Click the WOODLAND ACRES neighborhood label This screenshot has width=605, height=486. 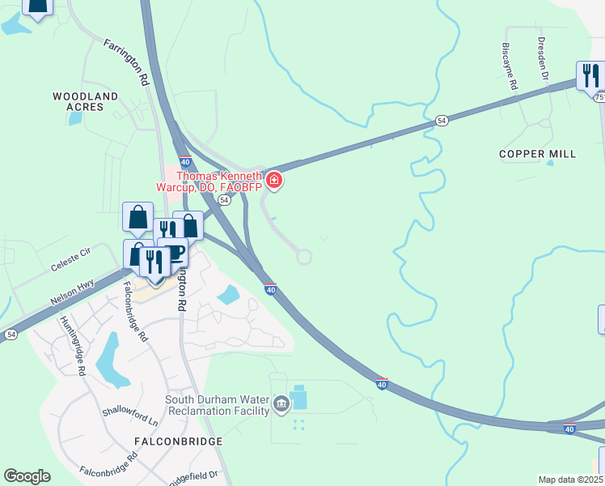coord(86,101)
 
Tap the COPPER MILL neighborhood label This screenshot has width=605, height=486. coord(538,154)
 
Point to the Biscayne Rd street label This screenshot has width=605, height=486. coord(510,66)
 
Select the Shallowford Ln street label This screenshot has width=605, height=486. coord(130,415)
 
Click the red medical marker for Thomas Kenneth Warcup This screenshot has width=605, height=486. coord(274,179)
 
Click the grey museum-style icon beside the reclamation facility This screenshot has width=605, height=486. coord(281,403)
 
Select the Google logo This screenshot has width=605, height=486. coord(27,476)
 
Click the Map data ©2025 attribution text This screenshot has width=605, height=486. coord(570,480)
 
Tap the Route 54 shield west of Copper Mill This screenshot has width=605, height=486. coord(442,120)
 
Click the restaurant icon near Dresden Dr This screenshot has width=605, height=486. coord(589,75)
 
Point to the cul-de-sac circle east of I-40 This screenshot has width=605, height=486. coord(304,257)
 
